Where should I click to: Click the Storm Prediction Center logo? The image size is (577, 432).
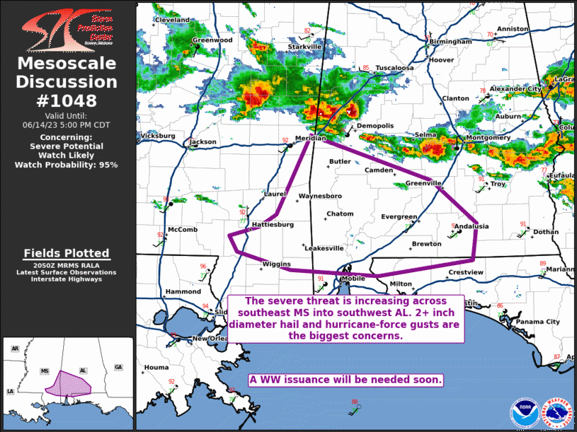click(67, 27)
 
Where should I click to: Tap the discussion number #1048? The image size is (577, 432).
click(67, 100)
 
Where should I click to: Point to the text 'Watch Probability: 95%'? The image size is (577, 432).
click(67, 164)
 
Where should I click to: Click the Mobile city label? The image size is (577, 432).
click(353, 279)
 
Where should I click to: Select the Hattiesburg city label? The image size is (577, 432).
click(273, 224)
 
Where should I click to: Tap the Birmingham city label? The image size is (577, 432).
click(450, 42)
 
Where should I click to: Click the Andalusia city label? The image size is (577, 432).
click(472, 226)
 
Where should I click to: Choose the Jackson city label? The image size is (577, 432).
click(203, 141)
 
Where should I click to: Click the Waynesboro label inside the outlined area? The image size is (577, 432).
click(321, 195)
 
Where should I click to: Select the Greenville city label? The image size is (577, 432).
click(423, 184)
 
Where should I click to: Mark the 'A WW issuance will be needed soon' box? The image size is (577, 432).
click(346, 380)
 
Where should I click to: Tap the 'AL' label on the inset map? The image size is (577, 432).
click(83, 370)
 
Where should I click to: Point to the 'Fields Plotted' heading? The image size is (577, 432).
click(67, 253)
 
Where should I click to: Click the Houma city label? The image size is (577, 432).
click(156, 368)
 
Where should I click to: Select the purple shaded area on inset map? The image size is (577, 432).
click(69, 383)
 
